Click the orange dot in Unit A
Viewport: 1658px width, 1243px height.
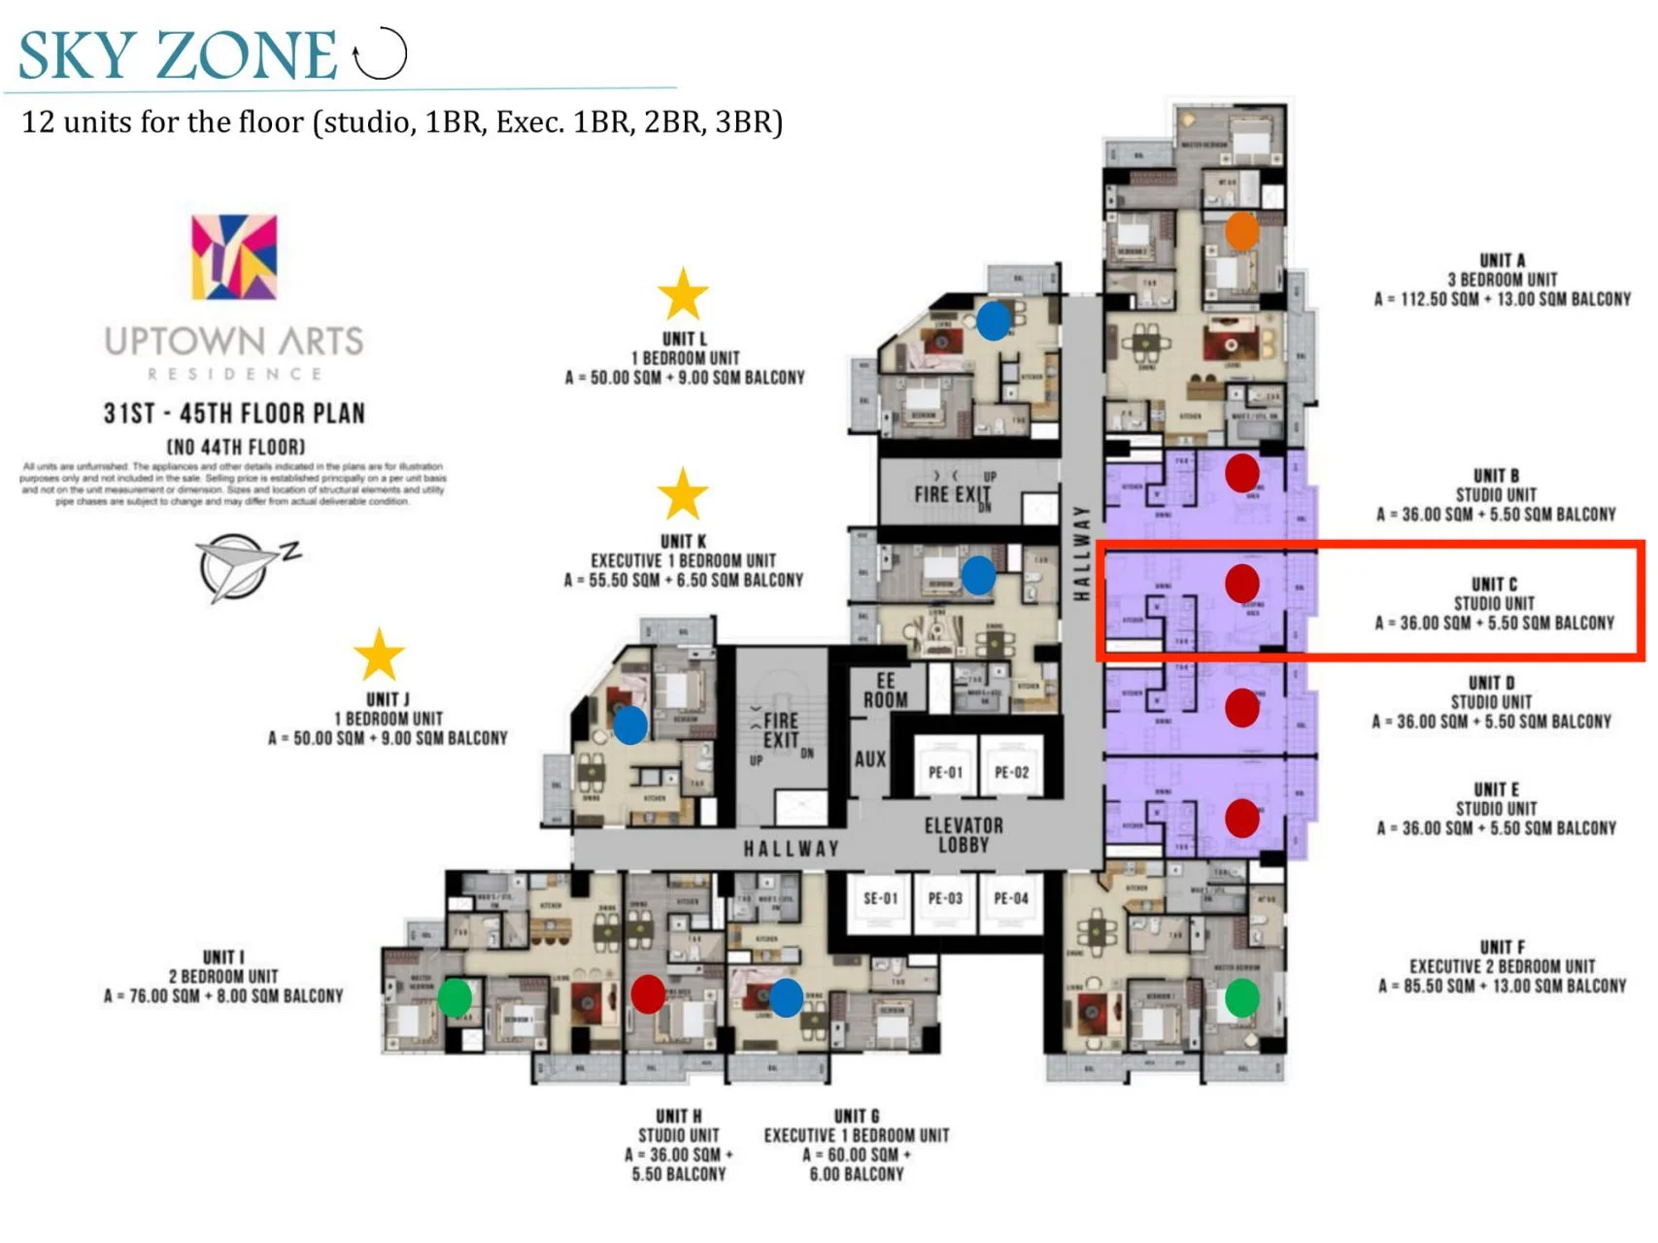(x=1241, y=231)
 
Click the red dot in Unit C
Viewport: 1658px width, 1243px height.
(x=1242, y=583)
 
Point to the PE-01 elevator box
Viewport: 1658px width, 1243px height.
(x=945, y=773)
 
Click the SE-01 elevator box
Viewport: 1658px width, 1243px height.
(x=881, y=898)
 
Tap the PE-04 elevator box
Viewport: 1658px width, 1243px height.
(x=1011, y=898)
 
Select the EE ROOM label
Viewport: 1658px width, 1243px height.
(x=885, y=690)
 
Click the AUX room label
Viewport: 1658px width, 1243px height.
(x=870, y=758)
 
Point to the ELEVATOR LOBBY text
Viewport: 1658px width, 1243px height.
(x=964, y=835)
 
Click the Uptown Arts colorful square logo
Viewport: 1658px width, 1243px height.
(x=234, y=257)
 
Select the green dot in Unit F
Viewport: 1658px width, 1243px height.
(x=1241, y=997)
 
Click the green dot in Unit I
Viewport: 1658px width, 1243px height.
(x=455, y=996)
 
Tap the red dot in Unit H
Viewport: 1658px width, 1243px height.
(x=648, y=993)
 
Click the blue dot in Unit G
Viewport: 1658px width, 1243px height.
(x=786, y=997)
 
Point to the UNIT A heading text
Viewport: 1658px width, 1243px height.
(x=1502, y=260)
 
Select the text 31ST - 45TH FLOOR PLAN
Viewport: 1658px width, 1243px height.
(x=234, y=414)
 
